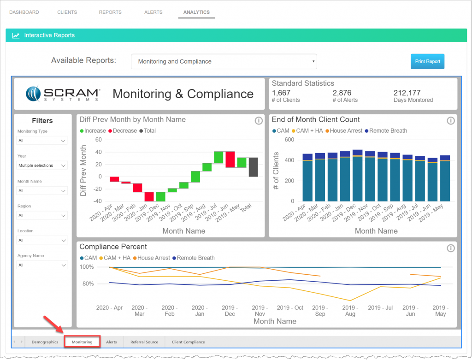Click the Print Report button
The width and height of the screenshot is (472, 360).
pos(427,61)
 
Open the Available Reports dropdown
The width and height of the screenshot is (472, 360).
pos(224,61)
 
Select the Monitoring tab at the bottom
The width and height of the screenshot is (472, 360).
pos(82,342)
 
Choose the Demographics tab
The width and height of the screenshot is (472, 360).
pos(45,342)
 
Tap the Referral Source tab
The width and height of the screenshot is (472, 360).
pos(144,342)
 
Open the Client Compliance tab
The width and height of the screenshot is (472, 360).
pos(188,342)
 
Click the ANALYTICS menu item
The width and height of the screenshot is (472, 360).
pos(196,12)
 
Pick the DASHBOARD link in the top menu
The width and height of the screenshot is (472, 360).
pos(24,12)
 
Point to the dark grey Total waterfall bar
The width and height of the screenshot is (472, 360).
pos(253,167)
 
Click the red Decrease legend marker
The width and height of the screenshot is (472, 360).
pos(111,131)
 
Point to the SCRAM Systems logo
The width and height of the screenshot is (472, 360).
pos(63,94)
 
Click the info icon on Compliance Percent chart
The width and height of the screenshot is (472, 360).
pos(451,248)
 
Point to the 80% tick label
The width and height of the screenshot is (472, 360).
pos(88,283)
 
